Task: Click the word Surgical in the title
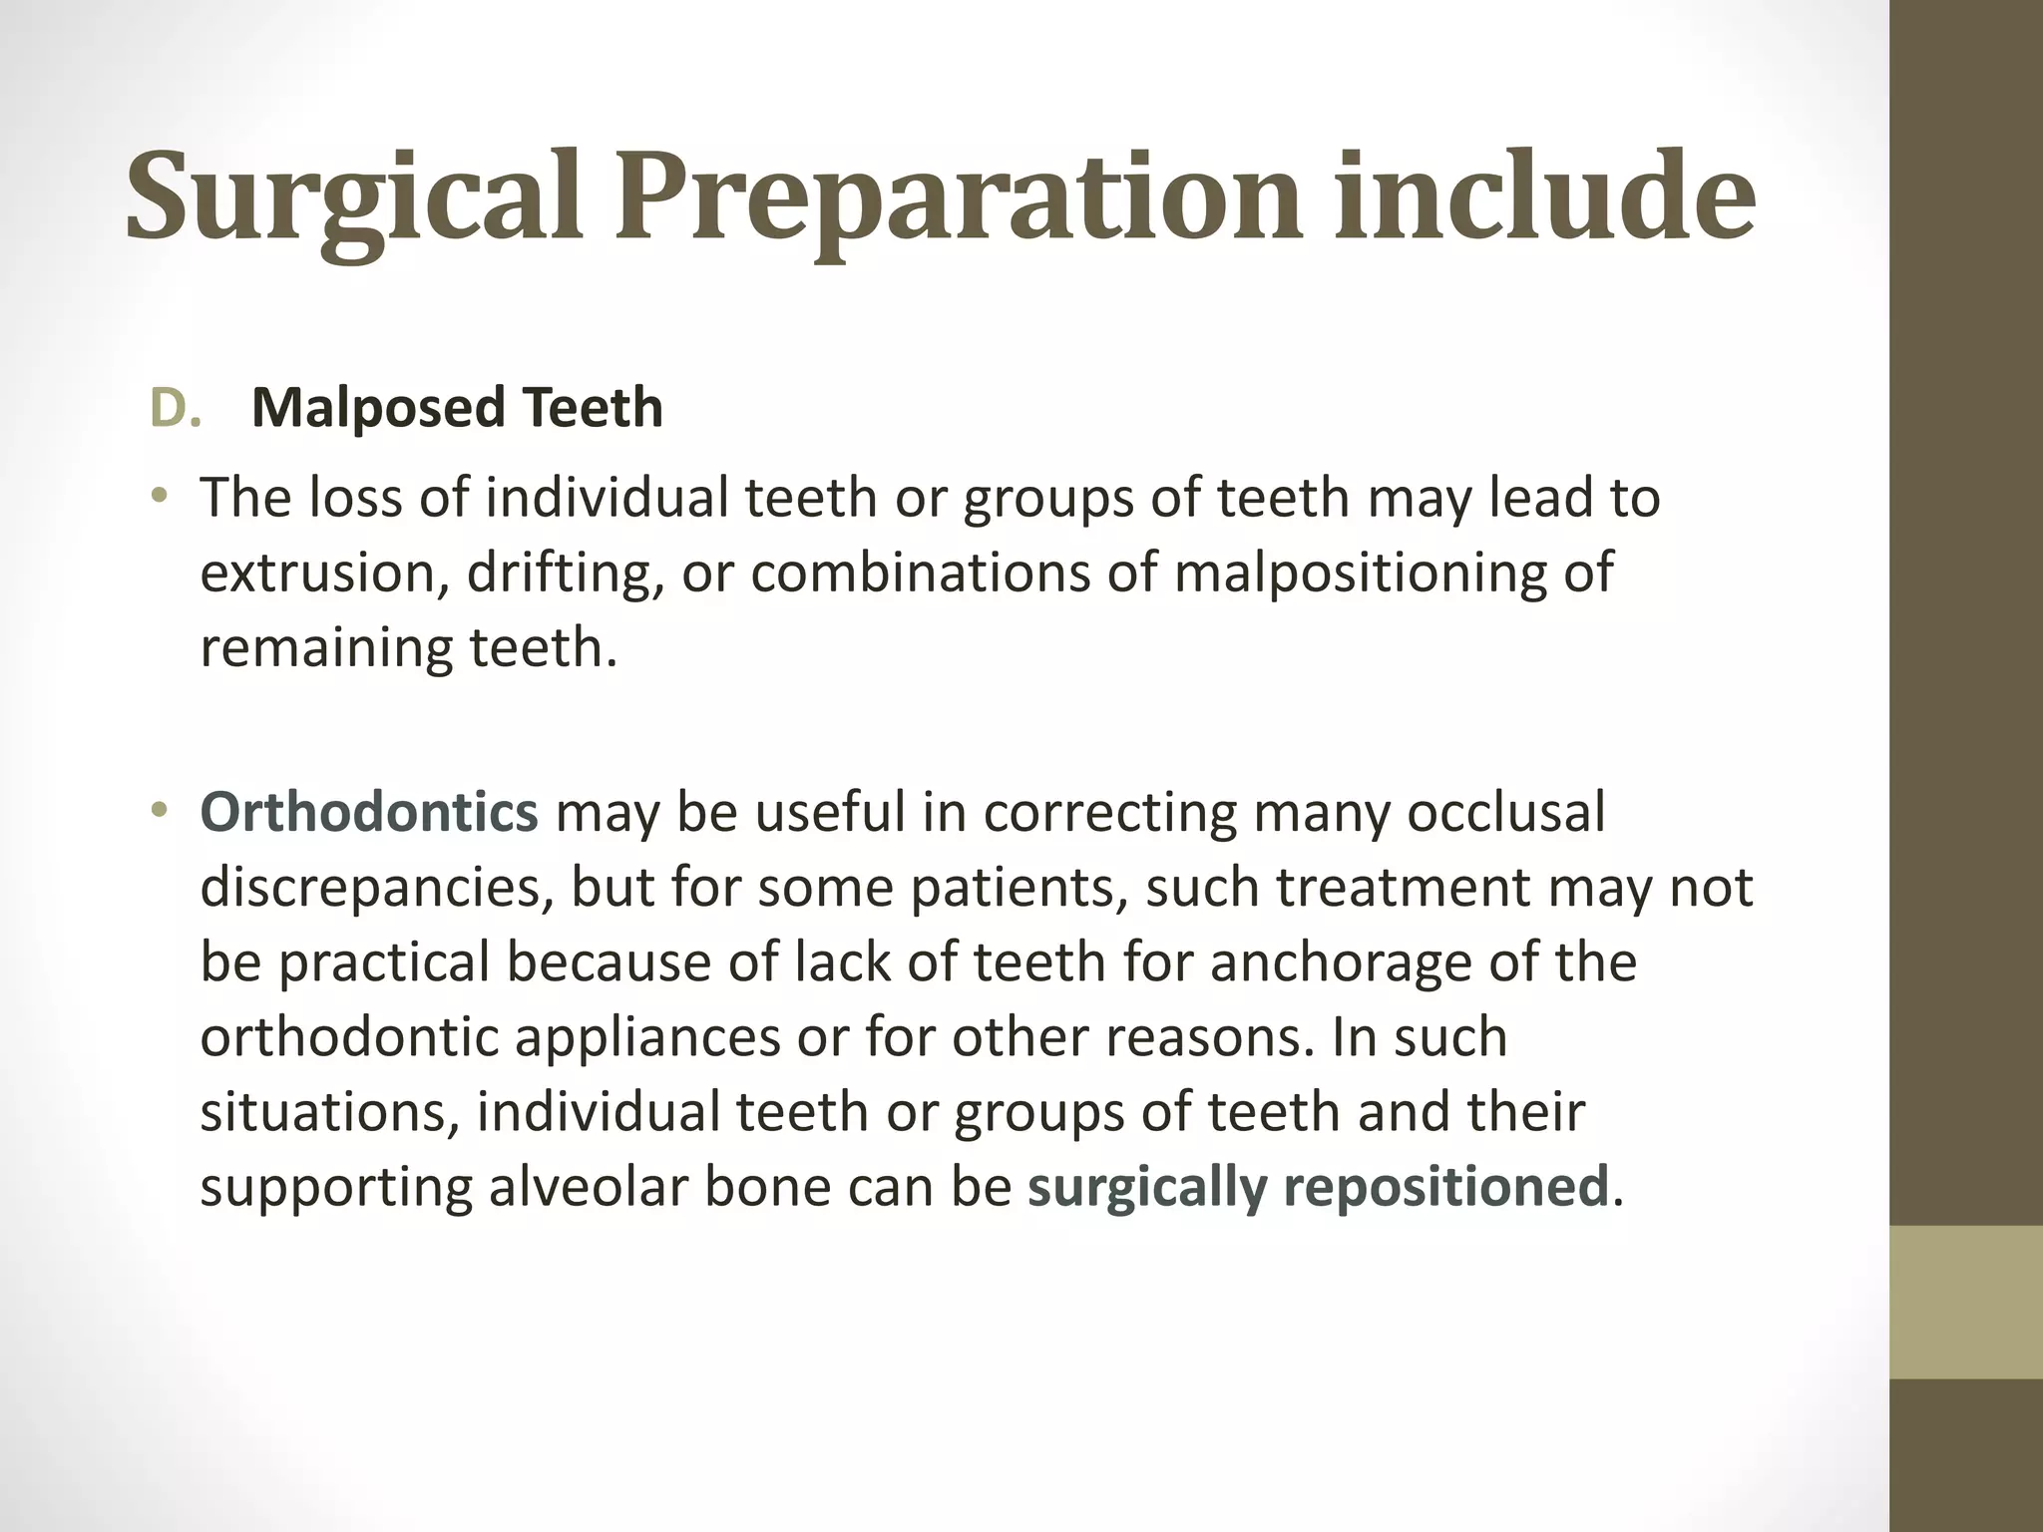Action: (354, 197)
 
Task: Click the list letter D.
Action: (176, 408)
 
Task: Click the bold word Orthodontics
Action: (369, 812)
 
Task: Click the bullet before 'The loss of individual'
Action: (160, 496)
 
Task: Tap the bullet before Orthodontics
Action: (160, 811)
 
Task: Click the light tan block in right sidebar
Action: (1965, 1302)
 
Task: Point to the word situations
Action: (330, 1112)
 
